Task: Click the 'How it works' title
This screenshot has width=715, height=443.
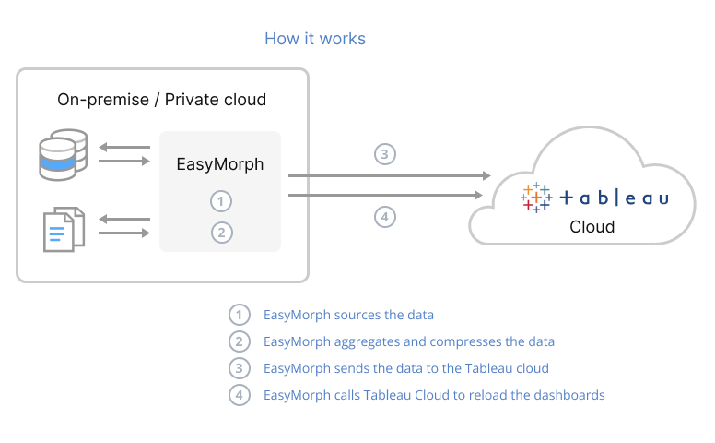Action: (315, 39)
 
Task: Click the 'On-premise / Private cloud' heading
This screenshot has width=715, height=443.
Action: (161, 100)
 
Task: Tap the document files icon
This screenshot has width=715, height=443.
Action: (64, 227)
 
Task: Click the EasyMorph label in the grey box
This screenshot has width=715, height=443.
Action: (220, 164)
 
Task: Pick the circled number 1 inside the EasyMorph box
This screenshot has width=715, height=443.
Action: (220, 201)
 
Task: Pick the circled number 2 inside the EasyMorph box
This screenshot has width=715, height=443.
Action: (220, 233)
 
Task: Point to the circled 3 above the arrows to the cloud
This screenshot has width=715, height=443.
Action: (385, 154)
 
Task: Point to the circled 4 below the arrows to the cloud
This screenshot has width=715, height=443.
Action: (385, 218)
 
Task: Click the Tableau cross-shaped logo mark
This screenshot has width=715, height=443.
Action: (536, 197)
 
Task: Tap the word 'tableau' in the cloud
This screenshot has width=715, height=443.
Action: (614, 198)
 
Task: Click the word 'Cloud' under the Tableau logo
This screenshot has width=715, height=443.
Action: (592, 226)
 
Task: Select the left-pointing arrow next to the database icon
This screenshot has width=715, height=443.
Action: (123, 147)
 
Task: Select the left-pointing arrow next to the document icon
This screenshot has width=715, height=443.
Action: (123, 219)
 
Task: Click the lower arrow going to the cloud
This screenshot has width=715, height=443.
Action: (387, 195)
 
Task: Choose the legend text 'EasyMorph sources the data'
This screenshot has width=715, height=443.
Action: (348, 315)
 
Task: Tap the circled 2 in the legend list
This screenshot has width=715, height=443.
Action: (240, 341)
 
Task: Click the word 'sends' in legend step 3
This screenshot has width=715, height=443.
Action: (354, 368)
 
